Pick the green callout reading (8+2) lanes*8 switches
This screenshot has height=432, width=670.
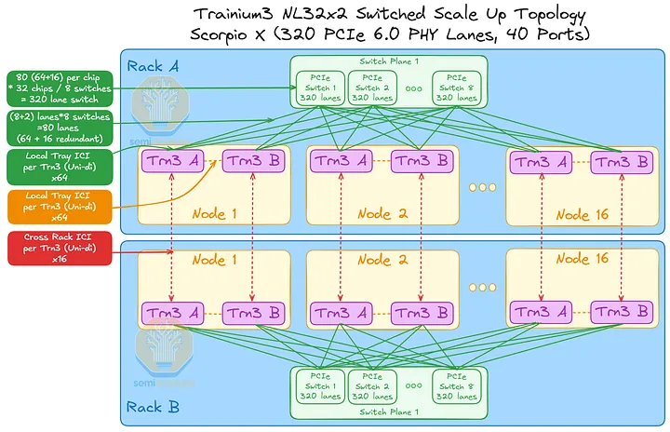60,128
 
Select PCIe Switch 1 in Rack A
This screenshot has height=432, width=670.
318,87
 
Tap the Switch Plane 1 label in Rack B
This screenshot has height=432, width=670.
392,411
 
